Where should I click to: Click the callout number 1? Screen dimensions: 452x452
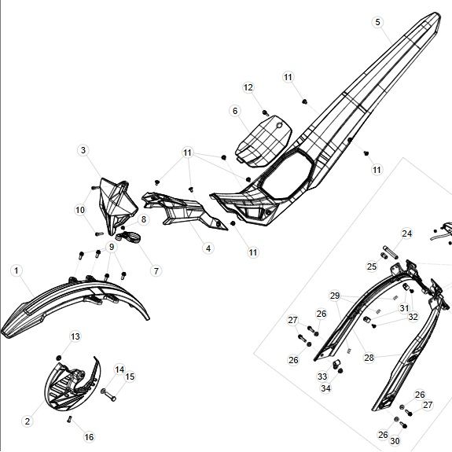tap(17, 270)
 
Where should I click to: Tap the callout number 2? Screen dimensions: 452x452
tap(28, 421)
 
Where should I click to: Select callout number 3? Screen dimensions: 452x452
tap(83, 150)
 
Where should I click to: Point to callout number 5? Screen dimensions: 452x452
tap(377, 22)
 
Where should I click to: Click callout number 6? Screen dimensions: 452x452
tap(235, 111)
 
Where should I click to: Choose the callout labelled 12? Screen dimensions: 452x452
tap(248, 87)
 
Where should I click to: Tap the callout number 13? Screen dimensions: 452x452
tap(75, 336)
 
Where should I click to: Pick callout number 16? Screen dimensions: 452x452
tap(89, 437)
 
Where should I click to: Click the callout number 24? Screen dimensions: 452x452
tap(406, 233)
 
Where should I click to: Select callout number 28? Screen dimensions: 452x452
tap(369, 358)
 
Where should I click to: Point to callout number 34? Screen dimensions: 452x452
tap(325, 388)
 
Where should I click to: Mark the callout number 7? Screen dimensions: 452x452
tap(156, 271)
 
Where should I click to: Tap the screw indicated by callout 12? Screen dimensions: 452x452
tap(266, 112)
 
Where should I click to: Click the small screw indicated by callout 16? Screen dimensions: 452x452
tap(69, 419)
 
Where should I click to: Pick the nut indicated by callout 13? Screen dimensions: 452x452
tap(58, 358)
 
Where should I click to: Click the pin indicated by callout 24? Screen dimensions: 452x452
tap(391, 252)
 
